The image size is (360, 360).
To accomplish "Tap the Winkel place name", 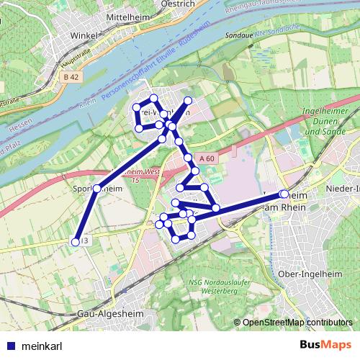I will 84,34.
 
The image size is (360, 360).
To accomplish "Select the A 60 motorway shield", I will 207,158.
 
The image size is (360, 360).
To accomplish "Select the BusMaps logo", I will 325,346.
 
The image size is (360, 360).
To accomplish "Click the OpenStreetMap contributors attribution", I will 297,323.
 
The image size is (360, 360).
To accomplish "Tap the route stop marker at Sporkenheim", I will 97,189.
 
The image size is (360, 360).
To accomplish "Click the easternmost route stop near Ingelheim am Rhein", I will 284,194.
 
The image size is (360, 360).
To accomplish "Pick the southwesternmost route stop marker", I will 74,242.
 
